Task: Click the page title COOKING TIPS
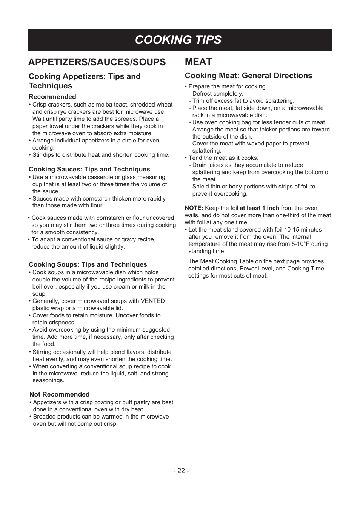click(x=178, y=40)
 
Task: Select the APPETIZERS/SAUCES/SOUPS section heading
click(x=97, y=62)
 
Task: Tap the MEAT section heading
click(x=198, y=62)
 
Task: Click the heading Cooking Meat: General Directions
click(x=248, y=76)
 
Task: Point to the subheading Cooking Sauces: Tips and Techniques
click(x=89, y=169)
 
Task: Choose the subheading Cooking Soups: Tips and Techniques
click(x=88, y=264)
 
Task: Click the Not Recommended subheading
click(x=60, y=394)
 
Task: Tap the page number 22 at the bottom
click(x=181, y=471)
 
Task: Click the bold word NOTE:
click(x=194, y=208)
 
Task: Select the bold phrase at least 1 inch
click(x=259, y=208)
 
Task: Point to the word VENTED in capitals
click(x=152, y=301)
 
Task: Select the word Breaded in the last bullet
click(x=44, y=417)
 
